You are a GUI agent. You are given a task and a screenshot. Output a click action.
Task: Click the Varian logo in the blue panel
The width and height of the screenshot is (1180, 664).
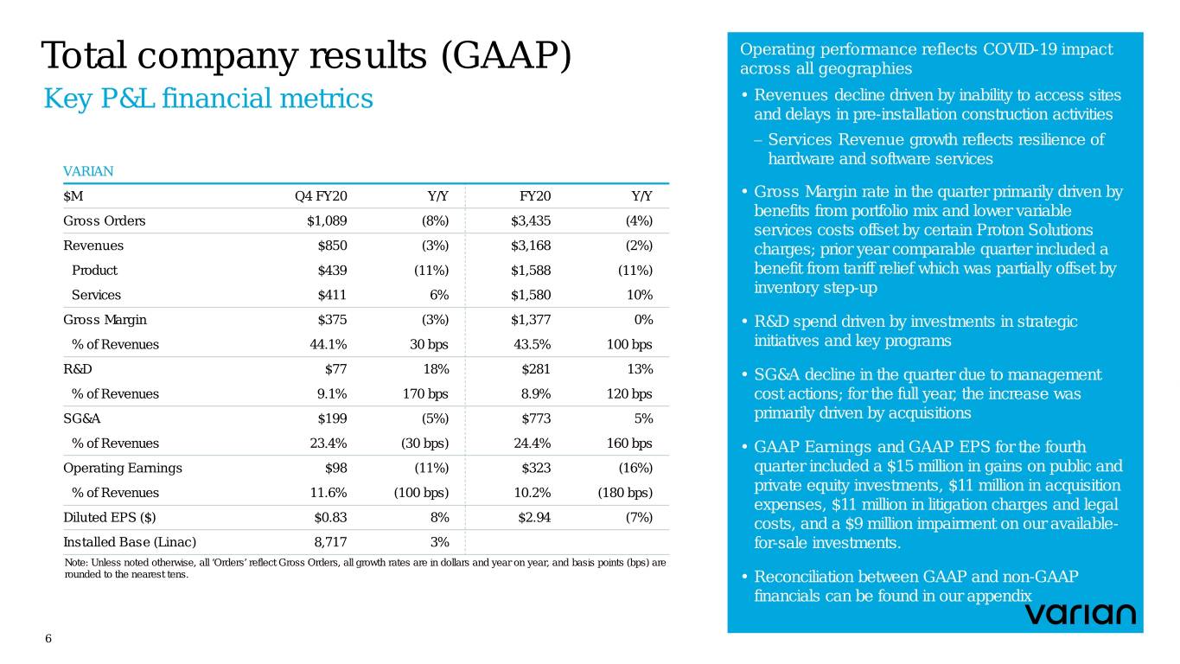[x=1080, y=614]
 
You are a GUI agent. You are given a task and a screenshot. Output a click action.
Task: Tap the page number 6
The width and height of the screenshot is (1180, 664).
[x=48, y=638]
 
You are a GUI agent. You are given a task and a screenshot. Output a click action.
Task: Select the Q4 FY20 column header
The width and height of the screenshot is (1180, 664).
[x=321, y=196]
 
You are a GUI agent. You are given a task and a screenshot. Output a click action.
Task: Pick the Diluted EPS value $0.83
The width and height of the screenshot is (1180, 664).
[x=329, y=518]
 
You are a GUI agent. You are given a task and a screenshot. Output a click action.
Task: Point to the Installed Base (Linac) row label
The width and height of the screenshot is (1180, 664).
[x=130, y=542]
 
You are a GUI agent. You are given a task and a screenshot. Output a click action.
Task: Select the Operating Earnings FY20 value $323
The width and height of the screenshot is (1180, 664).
[x=536, y=468]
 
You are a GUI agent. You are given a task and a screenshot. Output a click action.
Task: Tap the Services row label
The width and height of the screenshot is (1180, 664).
[x=96, y=295]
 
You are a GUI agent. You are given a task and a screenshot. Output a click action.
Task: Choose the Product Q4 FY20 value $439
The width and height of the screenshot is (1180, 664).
[x=333, y=270]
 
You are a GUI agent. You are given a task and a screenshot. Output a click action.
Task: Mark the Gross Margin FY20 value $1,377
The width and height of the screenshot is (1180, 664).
[x=531, y=320]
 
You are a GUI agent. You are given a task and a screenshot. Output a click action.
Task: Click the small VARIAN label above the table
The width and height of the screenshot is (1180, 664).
[x=88, y=171]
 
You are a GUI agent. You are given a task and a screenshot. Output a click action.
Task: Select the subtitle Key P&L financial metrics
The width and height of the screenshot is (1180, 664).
[x=208, y=99]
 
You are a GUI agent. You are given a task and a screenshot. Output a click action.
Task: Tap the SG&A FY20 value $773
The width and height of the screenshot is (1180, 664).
[x=536, y=418]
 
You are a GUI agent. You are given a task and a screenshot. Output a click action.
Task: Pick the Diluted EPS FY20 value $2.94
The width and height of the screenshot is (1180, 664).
[x=533, y=518]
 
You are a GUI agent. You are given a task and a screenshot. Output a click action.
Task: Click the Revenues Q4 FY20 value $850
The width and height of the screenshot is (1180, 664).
[x=333, y=246]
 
